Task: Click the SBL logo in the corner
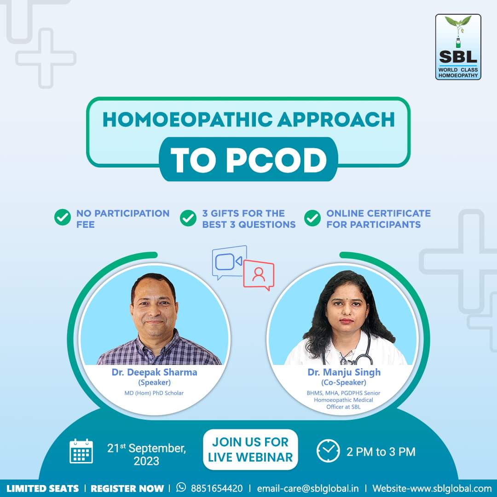[x=458, y=46]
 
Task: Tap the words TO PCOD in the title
[x=248, y=160]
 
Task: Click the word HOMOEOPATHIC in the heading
[x=187, y=120]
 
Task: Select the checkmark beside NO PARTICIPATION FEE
[x=63, y=217]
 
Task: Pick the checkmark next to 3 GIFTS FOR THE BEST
[x=188, y=218]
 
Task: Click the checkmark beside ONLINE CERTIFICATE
[x=312, y=218]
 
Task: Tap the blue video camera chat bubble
[x=229, y=262]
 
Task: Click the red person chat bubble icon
[x=259, y=275]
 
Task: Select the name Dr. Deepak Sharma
[x=154, y=372]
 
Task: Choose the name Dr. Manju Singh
[x=344, y=372]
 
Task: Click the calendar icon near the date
[x=81, y=451]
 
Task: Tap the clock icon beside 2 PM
[x=328, y=451]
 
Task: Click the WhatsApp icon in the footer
[x=181, y=487]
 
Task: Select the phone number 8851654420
[x=217, y=488]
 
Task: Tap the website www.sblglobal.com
[x=444, y=488]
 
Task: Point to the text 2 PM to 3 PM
[x=381, y=452]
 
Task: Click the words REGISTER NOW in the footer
[x=127, y=488]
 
